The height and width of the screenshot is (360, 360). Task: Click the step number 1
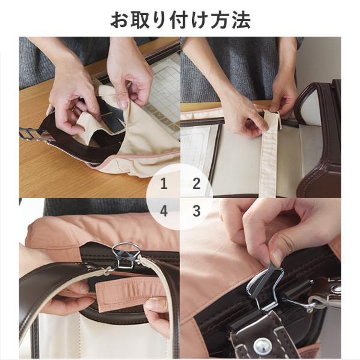(163, 184)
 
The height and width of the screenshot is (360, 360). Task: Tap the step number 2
(197, 184)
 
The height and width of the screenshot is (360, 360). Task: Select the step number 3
(197, 211)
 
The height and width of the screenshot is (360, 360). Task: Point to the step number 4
(163, 211)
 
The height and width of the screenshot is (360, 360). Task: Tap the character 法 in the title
(241, 20)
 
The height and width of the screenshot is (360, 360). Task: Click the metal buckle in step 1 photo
(31, 133)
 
